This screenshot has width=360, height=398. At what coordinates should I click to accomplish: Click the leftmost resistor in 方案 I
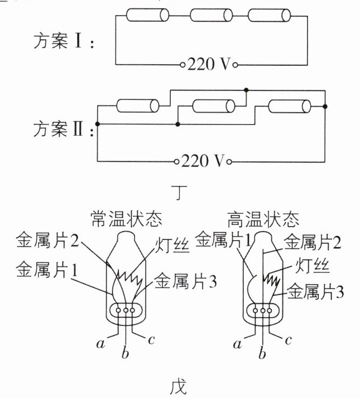coord(147,15)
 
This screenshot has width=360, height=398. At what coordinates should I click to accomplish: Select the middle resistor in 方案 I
coord(211,15)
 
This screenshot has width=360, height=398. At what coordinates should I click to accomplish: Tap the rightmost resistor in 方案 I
coord(269,15)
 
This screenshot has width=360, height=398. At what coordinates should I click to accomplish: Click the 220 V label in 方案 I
coord(209,64)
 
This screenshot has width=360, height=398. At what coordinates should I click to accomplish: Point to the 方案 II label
coord(64,130)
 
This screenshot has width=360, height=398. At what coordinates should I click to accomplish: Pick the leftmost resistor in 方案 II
coord(138,106)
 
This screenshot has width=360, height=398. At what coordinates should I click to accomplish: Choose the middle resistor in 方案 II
coord(214,106)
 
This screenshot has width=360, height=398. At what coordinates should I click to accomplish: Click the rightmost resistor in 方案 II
coord(290,106)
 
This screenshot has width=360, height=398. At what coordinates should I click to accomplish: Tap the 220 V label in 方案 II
coord(203,161)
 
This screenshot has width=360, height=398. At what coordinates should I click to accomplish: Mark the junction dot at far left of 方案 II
coord(97,124)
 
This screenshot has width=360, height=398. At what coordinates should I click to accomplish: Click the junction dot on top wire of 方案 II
coord(246,90)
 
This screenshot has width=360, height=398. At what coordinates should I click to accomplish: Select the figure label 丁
coord(179,192)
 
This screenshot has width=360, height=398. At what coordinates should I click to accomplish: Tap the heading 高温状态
coord(263,219)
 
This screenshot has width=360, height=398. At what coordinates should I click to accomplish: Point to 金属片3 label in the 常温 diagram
coord(186,281)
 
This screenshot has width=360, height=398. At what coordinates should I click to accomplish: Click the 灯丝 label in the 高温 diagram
coord(312,266)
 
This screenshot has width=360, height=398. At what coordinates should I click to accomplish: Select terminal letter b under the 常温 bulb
coord(125,353)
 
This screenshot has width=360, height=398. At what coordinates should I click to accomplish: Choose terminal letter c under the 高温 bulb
coord(287,340)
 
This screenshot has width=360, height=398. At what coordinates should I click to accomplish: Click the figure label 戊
coord(179,387)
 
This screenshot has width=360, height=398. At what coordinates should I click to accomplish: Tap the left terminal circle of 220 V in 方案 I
coord(183,65)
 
